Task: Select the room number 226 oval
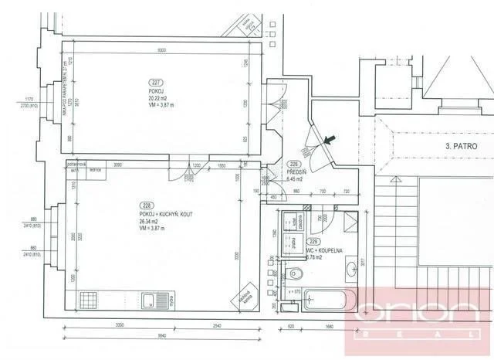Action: click(294, 164)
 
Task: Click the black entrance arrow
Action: click(330, 140)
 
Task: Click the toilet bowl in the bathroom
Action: click(297, 274)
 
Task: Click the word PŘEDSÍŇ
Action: click(295, 172)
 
